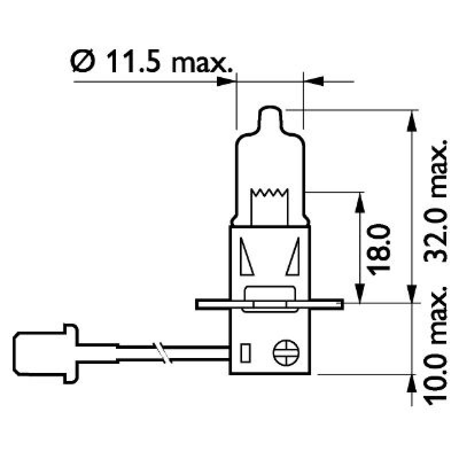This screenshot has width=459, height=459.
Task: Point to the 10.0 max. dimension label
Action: pos(437,343)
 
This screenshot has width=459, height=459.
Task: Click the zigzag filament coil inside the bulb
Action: pos(269,193)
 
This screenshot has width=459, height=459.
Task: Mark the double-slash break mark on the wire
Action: pos(160,352)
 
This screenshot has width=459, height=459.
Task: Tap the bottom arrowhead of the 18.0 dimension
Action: pos(360,292)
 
